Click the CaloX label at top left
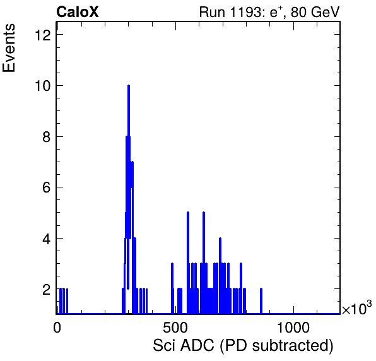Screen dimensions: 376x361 (x=78, y=12)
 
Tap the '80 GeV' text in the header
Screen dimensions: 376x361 (x=315, y=12)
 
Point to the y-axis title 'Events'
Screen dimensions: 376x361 (x=9, y=48)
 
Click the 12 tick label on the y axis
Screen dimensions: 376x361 (x=43, y=35)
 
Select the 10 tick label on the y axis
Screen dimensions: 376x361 (x=43, y=86)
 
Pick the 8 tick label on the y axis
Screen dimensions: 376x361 (x=47, y=137)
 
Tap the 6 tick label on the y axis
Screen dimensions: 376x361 (x=47, y=187)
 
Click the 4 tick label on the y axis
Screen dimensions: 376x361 (x=47, y=239)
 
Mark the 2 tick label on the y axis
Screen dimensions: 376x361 (x=47, y=290)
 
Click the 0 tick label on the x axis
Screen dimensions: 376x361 (x=57, y=328)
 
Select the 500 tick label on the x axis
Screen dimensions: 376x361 (x=175, y=328)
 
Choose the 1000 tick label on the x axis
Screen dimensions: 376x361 (x=293, y=328)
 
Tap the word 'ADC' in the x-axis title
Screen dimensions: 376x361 (x=197, y=346)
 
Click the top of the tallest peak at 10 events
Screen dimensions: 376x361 (x=129, y=86)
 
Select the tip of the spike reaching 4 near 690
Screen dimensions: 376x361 (x=220, y=239)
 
